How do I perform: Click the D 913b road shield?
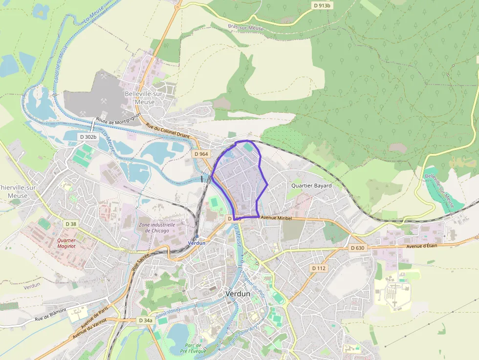(322, 5)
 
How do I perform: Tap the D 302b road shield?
(89, 137)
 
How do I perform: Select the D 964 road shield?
(201, 154)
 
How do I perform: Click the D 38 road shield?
(71, 224)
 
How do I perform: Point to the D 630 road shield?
(358, 248)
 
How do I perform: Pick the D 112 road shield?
(319, 268)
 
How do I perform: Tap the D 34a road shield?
(145, 320)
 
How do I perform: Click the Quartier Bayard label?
(311, 186)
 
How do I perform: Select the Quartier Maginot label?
(69, 243)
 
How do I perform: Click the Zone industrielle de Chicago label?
(153, 228)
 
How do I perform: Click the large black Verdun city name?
(238, 294)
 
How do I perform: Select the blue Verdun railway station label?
(197, 242)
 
